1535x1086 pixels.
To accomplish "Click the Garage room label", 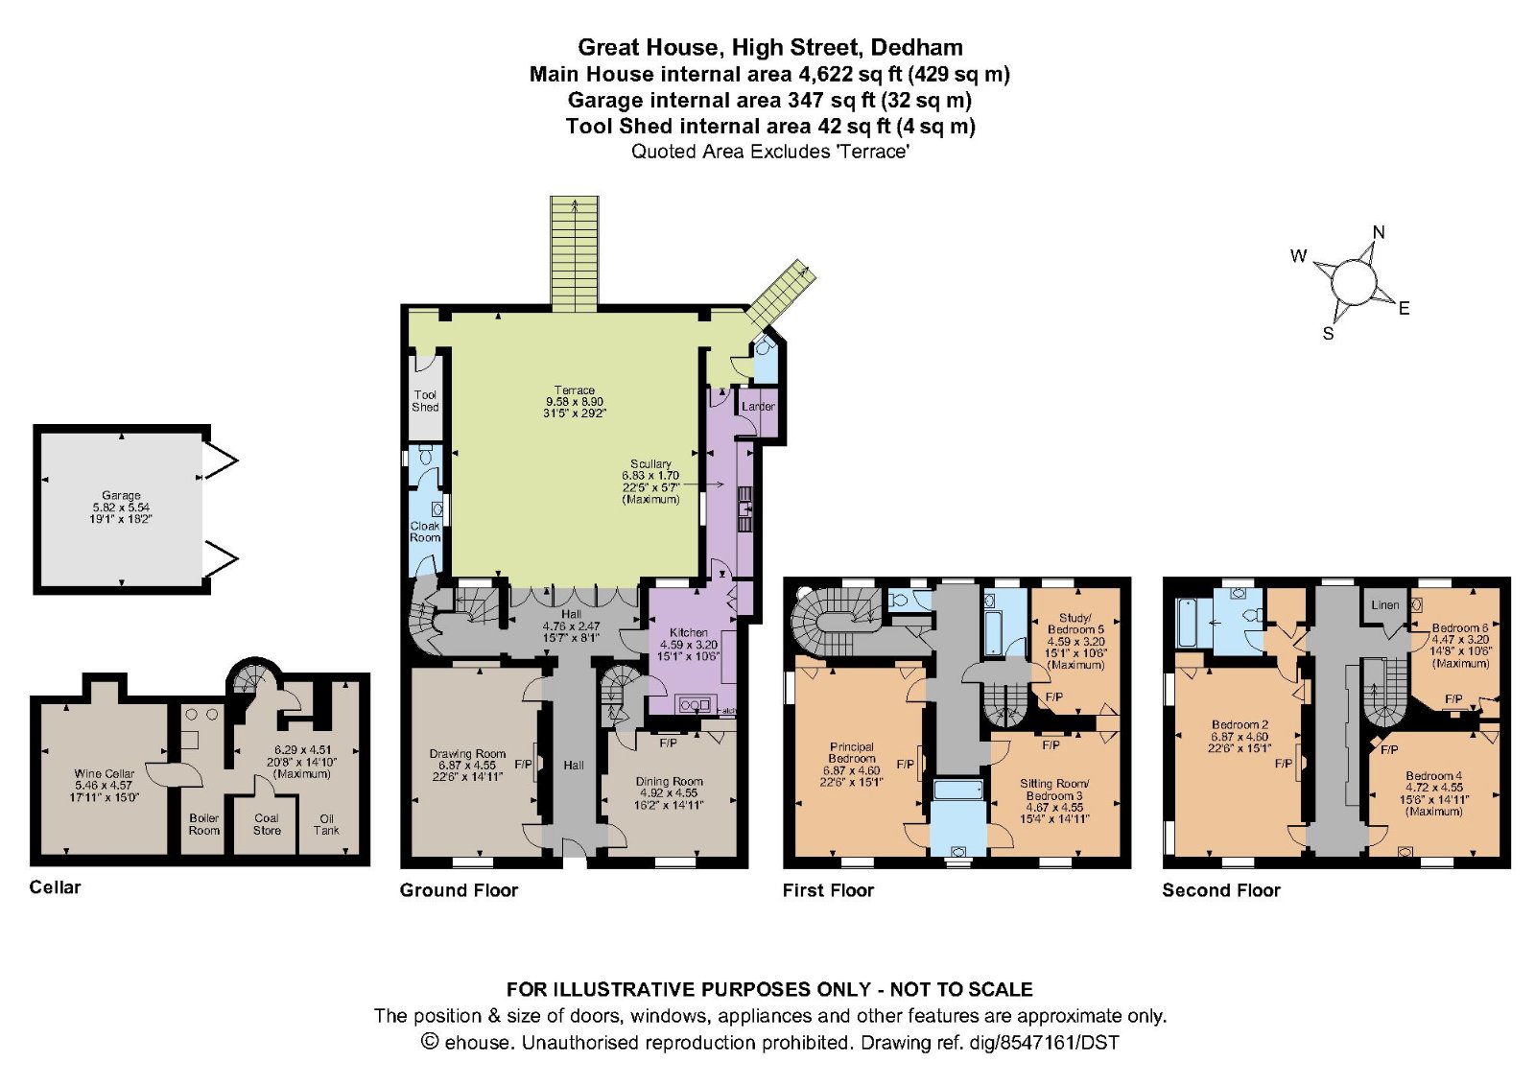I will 121,496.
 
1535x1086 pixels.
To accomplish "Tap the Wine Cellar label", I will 105,773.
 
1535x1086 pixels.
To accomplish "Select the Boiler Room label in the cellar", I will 203,824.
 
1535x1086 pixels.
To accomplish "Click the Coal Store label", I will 267,824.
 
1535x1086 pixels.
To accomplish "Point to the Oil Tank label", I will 326,824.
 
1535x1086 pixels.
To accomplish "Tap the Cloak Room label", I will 425,531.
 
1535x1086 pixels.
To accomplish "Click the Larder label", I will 758,407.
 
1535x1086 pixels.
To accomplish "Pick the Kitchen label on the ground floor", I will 689,633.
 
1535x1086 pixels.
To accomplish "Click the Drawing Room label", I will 467,754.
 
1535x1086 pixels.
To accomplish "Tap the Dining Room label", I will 670,782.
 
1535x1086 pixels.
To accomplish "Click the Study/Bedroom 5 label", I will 1075,624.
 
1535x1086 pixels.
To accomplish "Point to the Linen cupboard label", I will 1384,605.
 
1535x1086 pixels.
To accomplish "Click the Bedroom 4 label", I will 1433,776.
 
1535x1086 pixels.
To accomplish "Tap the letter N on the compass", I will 1379,232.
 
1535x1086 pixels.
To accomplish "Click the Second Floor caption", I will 1221,890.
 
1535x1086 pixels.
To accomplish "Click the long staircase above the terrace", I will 575,251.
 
